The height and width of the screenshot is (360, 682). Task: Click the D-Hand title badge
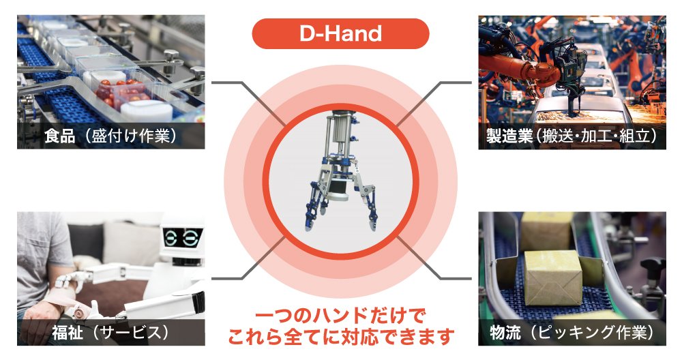click(340, 33)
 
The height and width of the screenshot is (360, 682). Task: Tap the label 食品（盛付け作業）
click(111, 136)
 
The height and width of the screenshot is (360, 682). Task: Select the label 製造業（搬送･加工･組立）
click(572, 136)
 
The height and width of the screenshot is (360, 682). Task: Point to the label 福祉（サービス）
click(111, 333)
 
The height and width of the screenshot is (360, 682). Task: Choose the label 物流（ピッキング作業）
click(572, 333)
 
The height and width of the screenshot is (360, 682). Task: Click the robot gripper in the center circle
click(340, 172)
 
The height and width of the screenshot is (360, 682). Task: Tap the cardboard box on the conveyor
click(553, 277)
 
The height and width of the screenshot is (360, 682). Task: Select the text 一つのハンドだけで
click(340, 316)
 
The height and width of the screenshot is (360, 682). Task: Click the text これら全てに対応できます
click(340, 336)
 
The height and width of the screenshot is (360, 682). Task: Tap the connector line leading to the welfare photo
click(248, 258)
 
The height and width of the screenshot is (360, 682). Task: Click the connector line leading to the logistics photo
click(434, 258)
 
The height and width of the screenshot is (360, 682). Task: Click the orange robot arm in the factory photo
click(518, 66)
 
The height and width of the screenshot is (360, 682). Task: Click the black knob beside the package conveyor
click(653, 265)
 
